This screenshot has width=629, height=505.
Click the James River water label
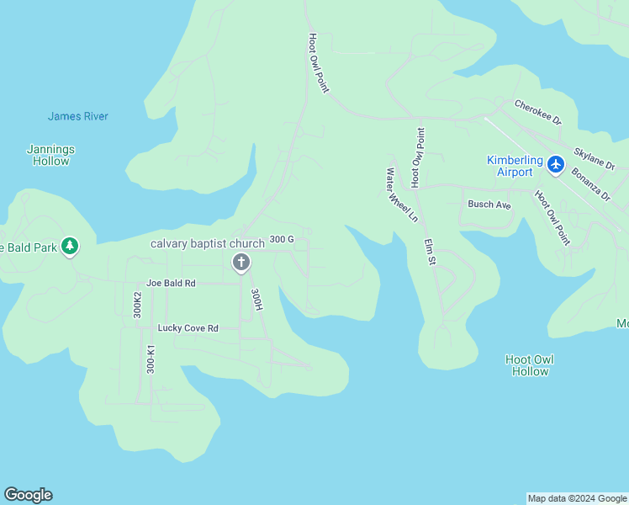78,116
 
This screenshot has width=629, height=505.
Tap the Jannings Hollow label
51,155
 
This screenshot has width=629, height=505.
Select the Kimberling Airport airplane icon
555,164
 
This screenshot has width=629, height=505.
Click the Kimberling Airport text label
510,166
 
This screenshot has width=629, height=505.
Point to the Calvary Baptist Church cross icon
241,263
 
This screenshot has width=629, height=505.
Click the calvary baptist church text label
208,243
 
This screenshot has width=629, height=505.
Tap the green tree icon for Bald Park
71,247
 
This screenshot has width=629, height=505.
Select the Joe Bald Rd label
171,284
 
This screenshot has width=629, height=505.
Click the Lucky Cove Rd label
188,328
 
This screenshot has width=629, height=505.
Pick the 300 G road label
282,240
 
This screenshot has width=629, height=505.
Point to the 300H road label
257,300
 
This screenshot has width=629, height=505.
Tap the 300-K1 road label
151,359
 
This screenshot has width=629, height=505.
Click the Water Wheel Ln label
401,194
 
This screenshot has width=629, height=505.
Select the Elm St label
430,252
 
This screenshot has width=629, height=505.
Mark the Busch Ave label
489,205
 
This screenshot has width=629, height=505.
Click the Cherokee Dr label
537,111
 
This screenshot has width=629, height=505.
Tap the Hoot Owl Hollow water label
530,365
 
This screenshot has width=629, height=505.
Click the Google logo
28,495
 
